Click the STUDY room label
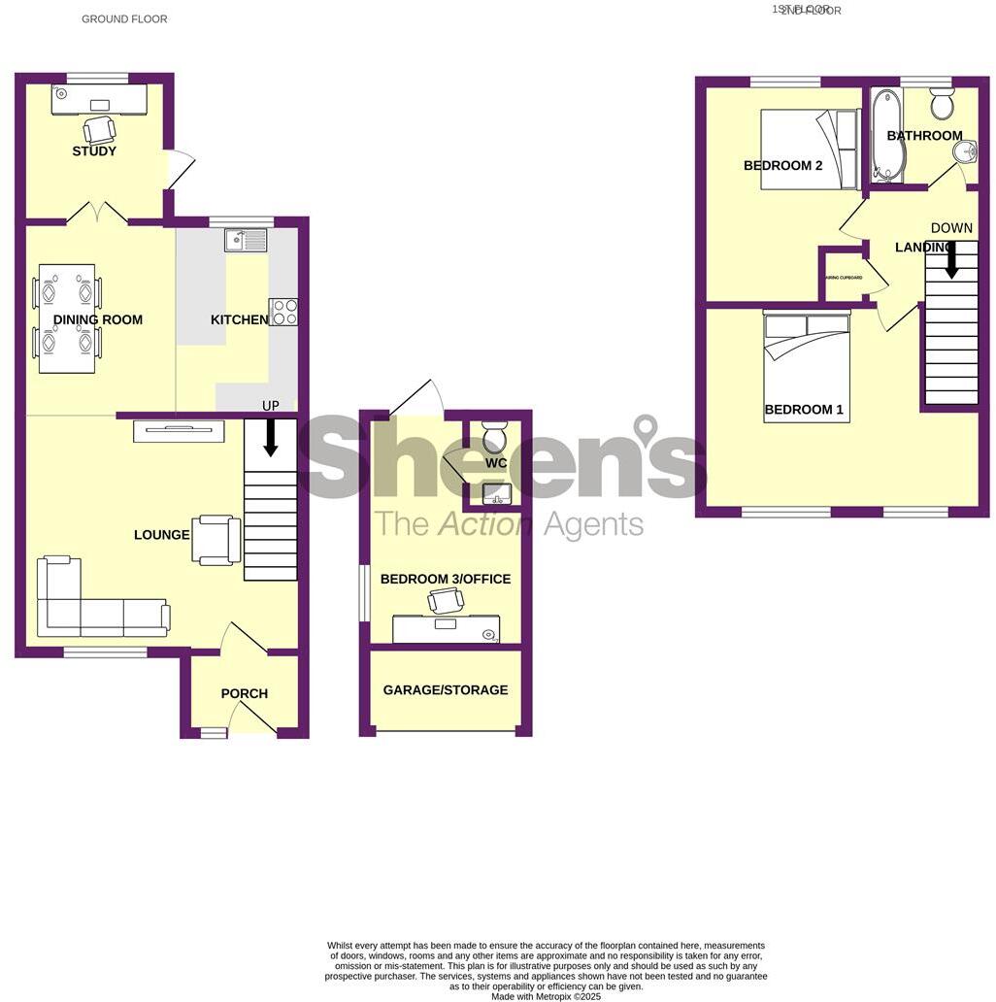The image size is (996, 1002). [x=94, y=151]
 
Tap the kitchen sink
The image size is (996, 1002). [x=246, y=239]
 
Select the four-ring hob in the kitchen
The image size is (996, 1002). [x=283, y=312]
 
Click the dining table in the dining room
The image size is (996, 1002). [x=67, y=317]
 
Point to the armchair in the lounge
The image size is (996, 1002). [x=217, y=540]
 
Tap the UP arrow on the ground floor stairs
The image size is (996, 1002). [x=270, y=438]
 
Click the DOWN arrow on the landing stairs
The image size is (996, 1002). [x=951, y=259]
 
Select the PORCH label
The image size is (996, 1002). [x=245, y=693]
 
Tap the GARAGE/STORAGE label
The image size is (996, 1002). [x=446, y=690]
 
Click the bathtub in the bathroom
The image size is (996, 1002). [x=886, y=135]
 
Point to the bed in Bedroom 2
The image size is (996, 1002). [x=810, y=150]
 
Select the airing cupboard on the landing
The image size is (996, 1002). [x=845, y=276]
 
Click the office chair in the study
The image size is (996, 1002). [x=99, y=129]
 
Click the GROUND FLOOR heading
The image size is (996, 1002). [x=124, y=19]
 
